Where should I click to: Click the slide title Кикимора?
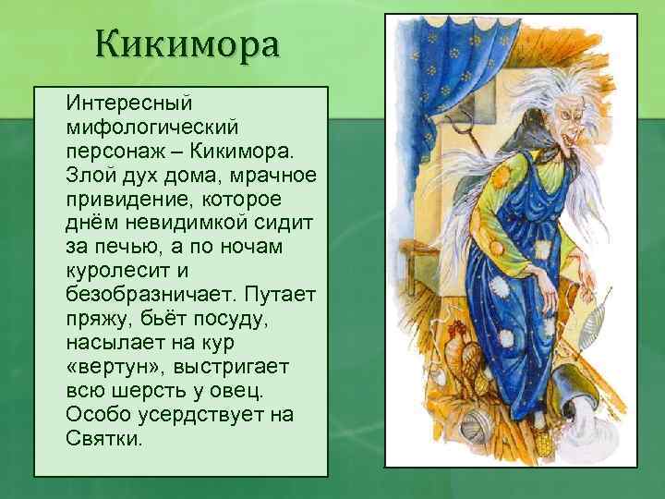186,43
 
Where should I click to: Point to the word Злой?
90,174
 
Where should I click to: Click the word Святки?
103,438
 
